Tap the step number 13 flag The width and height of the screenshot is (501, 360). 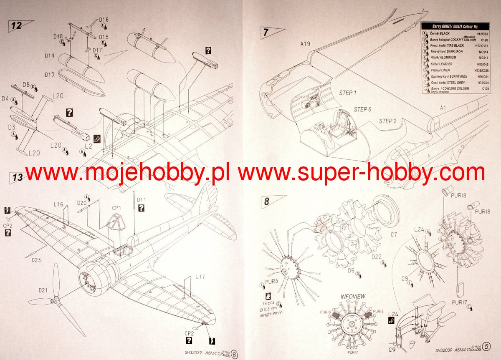coord(18,177)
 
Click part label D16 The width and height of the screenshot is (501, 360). coord(104,20)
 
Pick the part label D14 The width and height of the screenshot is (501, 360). coord(49,55)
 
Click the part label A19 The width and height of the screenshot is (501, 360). coord(305,43)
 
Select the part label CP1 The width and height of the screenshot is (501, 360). coord(116,208)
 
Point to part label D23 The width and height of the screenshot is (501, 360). coord(36,260)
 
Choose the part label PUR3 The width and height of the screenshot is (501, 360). coord(271,282)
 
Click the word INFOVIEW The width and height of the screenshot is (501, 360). coord(353,297)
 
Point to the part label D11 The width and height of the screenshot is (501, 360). coord(142,200)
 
